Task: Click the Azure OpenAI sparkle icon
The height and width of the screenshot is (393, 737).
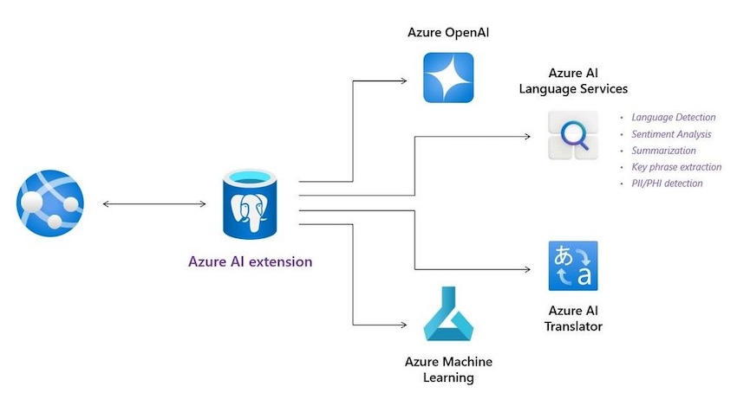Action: [448, 78]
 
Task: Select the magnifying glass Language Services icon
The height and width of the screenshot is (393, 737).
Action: [573, 136]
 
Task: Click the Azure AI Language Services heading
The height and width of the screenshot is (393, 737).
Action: [573, 81]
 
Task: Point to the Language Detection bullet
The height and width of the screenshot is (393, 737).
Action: [674, 117]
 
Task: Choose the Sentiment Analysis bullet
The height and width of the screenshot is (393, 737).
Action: [671, 134]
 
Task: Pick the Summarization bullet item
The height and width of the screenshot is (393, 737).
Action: [663, 151]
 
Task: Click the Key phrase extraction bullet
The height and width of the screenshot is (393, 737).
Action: [676, 167]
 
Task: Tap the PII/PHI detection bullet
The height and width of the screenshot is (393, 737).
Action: [667, 184]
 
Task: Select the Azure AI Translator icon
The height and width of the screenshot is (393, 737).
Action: [572, 266]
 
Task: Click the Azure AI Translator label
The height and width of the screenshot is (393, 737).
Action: [573, 319]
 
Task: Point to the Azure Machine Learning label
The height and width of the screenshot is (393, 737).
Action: [448, 370]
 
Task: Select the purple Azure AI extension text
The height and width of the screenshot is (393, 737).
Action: [251, 261]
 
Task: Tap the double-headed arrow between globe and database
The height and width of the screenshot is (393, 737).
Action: [154, 204]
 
